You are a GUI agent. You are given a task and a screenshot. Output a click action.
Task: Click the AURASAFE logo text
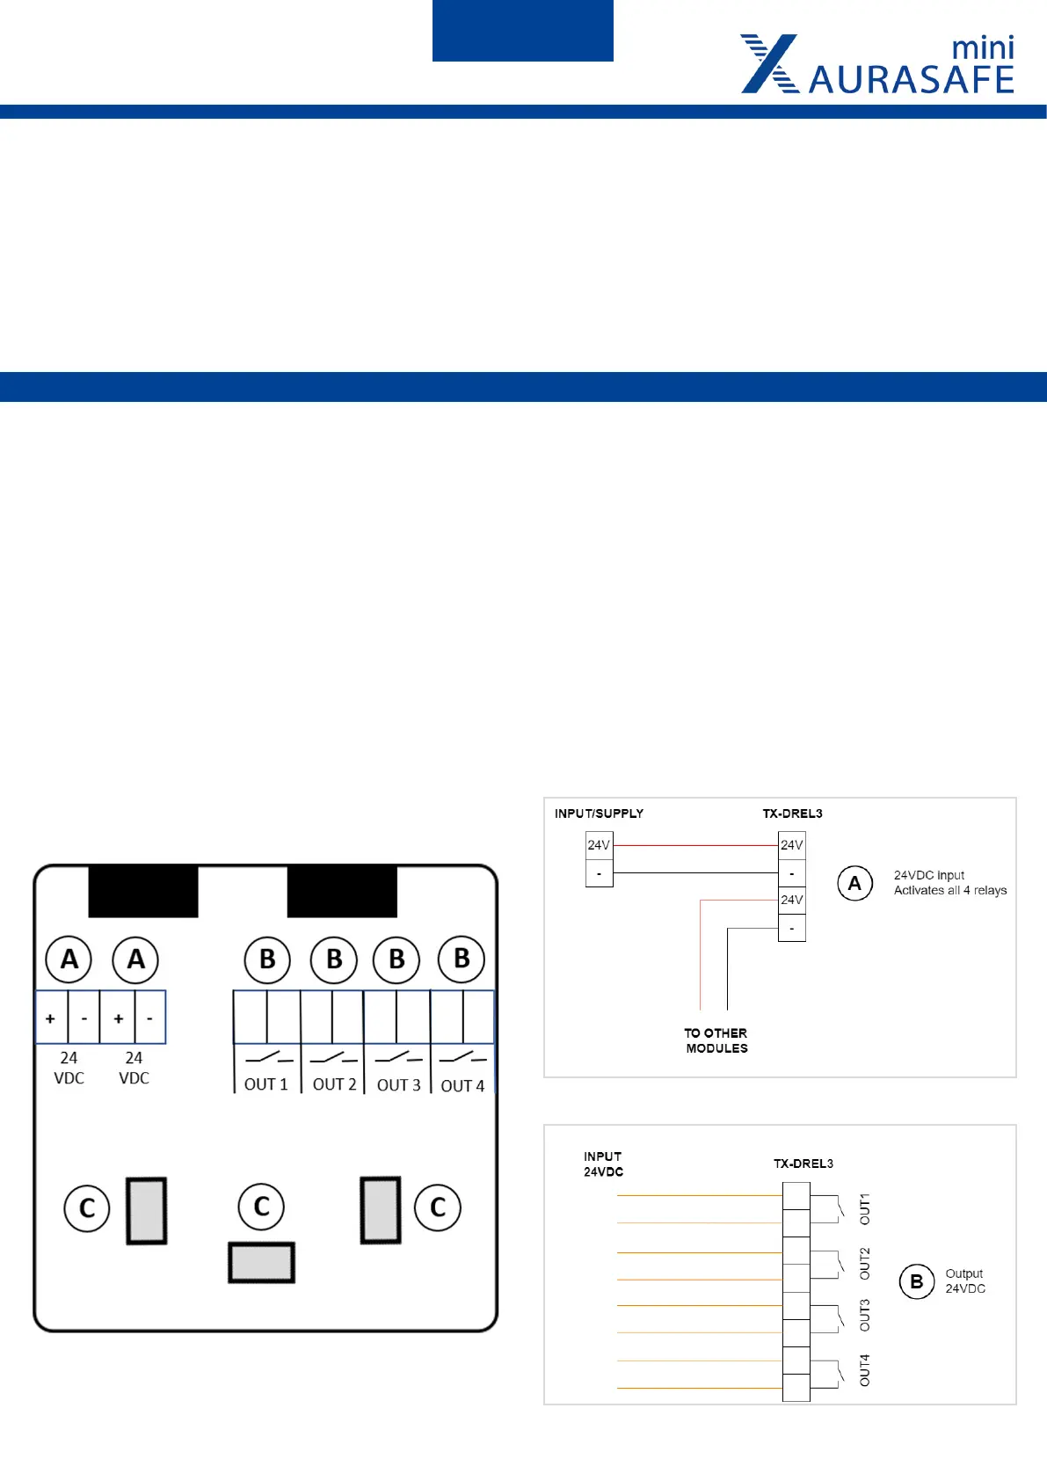[911, 80]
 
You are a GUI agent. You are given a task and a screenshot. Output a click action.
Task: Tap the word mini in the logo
[983, 47]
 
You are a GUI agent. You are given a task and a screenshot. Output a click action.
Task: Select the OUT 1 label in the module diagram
[266, 1084]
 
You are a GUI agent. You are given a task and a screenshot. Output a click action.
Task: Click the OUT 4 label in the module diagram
[462, 1086]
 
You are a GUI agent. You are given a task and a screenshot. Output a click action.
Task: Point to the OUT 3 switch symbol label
[399, 1085]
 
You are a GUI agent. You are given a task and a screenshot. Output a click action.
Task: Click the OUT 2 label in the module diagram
[335, 1084]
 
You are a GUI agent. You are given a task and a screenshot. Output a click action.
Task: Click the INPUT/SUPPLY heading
[599, 813]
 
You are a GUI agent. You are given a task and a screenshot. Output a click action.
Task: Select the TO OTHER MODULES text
[716, 1040]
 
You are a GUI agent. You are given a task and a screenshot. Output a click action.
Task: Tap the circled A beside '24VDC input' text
[854, 883]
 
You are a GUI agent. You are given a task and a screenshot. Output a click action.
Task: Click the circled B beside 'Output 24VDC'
[917, 1281]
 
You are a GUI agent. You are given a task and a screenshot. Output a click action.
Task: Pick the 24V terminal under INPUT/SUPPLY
[599, 845]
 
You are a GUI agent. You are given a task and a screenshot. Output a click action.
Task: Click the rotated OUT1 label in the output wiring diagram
[864, 1209]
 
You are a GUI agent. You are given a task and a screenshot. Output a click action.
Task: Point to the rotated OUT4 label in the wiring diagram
[864, 1370]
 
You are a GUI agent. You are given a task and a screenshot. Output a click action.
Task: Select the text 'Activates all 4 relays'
[950, 890]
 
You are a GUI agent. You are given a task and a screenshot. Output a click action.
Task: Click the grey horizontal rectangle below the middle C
[261, 1263]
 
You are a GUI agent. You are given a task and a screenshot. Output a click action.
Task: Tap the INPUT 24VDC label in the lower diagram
[603, 1164]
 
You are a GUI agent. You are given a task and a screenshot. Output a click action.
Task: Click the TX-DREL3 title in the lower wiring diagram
[803, 1164]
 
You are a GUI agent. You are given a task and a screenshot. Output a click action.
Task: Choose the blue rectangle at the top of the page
[523, 31]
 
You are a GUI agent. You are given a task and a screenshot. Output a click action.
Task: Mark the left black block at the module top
[143, 892]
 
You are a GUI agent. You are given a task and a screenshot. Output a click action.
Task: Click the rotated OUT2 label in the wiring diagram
[864, 1263]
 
